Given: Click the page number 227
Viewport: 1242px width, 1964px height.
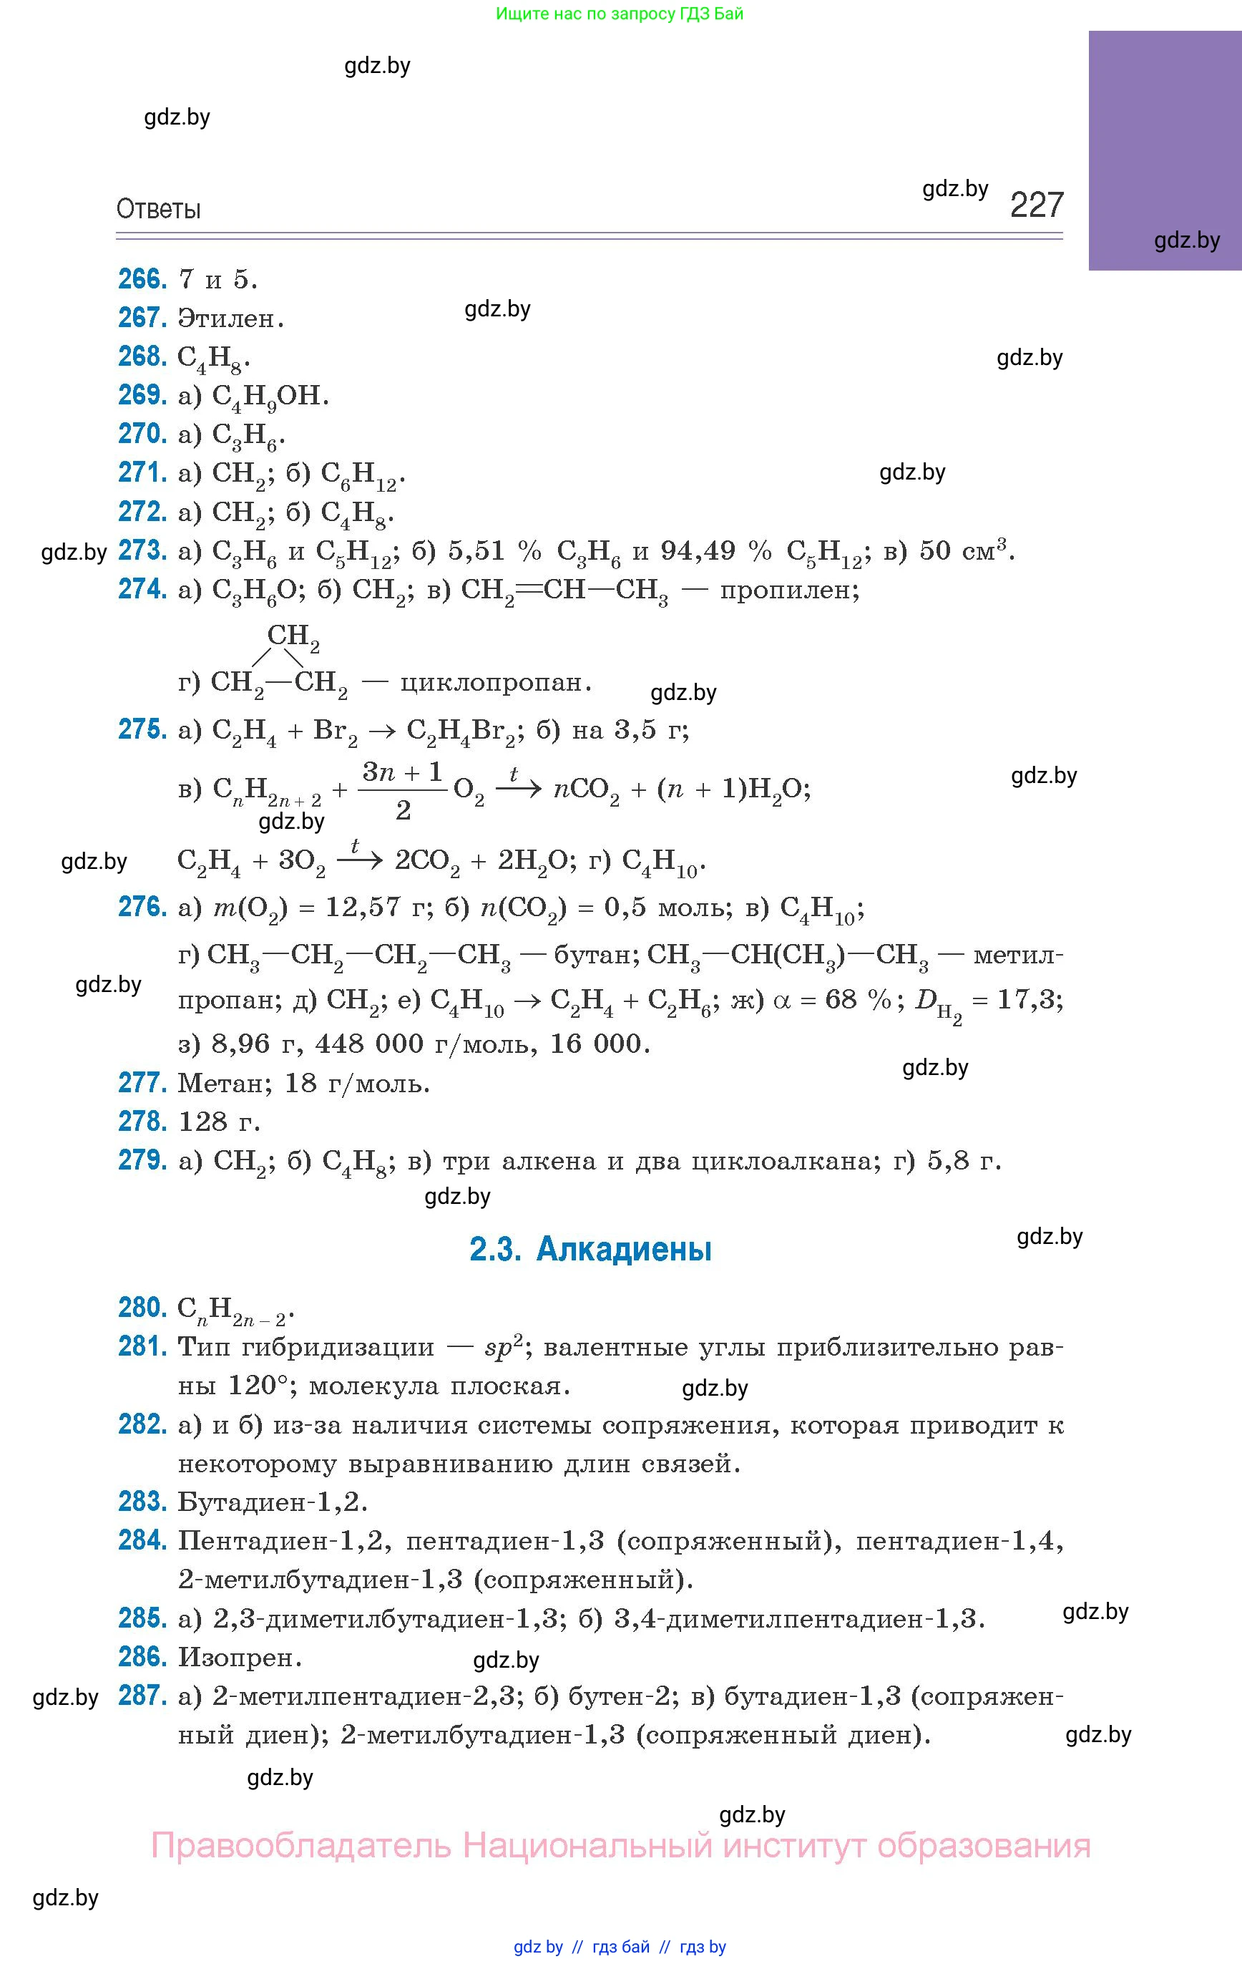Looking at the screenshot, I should [1037, 205].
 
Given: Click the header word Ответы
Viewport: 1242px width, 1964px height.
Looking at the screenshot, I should [158, 210].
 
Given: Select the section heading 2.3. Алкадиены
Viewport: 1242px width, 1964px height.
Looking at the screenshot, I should [590, 1249].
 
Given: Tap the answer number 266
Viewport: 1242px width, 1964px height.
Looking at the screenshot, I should [142, 279].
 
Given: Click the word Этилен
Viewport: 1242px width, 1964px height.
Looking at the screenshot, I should [230, 318].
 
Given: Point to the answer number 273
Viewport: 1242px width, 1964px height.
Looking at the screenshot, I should [142, 550].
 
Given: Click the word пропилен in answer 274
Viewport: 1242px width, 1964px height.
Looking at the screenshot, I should [788, 589].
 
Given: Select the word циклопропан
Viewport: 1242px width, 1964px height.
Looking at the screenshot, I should [494, 682].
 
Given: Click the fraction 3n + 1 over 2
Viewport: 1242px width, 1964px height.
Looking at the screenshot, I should [403, 789].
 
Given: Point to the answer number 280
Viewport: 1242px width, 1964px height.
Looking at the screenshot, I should [142, 1308].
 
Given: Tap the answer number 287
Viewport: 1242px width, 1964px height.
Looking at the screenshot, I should [142, 1696].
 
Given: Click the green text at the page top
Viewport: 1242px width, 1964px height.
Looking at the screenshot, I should [620, 14].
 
